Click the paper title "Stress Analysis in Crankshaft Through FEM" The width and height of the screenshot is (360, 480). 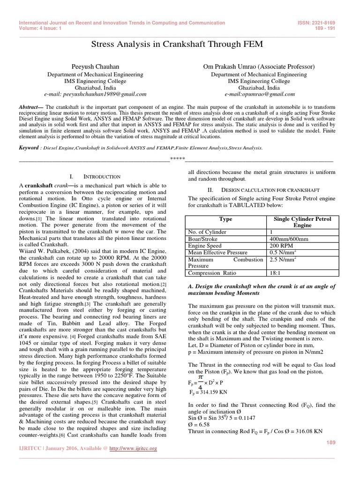(x=180, y=45)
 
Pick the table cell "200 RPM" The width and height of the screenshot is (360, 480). (x=280, y=245)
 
